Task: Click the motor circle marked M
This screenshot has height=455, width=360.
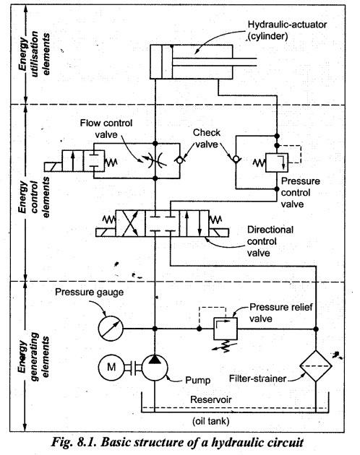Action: coord(111,368)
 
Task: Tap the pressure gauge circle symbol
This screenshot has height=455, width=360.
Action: coord(111,329)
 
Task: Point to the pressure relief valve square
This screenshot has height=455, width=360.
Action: coord(226,329)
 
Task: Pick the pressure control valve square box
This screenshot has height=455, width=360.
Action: coord(277,162)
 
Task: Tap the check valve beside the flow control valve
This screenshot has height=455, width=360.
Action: coord(180,160)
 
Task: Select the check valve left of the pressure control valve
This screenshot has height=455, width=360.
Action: coord(236,159)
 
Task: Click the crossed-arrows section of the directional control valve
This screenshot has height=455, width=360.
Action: coord(130,223)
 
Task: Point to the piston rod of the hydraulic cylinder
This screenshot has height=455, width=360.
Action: coord(215,62)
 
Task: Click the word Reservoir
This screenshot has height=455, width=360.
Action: coord(211,399)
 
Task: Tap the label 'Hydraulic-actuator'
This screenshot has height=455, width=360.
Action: coord(287,25)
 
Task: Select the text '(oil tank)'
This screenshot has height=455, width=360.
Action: coord(210,421)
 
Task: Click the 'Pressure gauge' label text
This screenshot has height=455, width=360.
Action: coord(89,292)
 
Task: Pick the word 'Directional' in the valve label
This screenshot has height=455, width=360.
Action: coord(270,230)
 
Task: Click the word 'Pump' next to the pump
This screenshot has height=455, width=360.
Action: coord(198,380)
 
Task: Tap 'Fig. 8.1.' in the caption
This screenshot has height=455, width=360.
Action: coord(75,442)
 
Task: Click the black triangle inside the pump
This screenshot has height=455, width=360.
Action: coord(155,359)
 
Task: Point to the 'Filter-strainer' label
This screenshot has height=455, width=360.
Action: coord(258,378)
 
